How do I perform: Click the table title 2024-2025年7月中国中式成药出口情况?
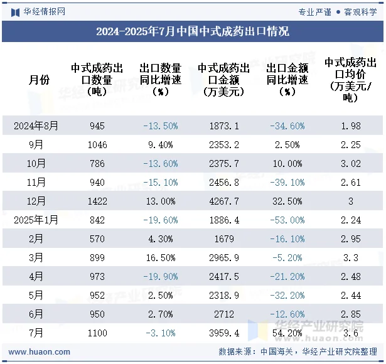[x=193, y=31]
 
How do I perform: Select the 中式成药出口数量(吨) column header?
[x=97, y=80]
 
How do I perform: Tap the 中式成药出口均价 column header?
[x=351, y=80]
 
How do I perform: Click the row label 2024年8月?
[x=36, y=126]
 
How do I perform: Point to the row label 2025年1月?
[x=36, y=220]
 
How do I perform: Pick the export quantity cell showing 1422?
[x=97, y=201]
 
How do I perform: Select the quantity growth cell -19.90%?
[x=160, y=276]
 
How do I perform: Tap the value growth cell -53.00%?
[x=287, y=220]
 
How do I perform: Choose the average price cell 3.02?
[x=351, y=163]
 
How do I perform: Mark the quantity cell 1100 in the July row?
[x=97, y=333]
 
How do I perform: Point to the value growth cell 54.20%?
[x=287, y=333]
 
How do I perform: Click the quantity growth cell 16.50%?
[x=160, y=257]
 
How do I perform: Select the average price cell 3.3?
[x=351, y=257]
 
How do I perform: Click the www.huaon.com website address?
[x=40, y=352]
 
